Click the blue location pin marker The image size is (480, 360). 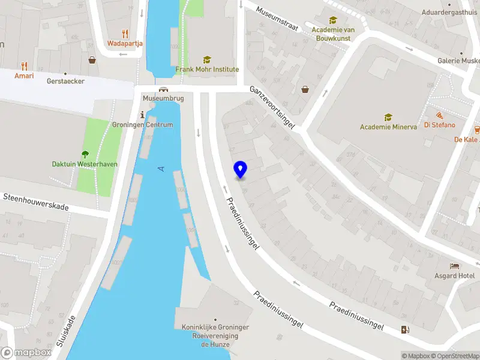click(x=240, y=170)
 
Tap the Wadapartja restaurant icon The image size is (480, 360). click(x=125, y=34)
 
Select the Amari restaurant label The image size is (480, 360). click(x=24, y=76)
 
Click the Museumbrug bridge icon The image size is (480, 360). click(x=163, y=88)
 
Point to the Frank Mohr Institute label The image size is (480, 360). click(x=207, y=70)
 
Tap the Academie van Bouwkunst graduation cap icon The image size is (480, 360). click(x=333, y=20)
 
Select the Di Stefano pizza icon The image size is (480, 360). click(x=440, y=115)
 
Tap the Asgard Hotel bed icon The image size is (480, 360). click(x=455, y=266)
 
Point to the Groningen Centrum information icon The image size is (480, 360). click(x=142, y=115)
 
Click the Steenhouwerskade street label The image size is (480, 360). click(x=36, y=202)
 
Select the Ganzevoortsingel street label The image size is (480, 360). click(x=274, y=106)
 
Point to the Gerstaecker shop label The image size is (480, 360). click(x=65, y=81)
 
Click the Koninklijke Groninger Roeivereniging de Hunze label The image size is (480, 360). click(x=215, y=336)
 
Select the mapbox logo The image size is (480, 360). click(x=26, y=353)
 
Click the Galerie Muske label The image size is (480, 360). click(x=458, y=60)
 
